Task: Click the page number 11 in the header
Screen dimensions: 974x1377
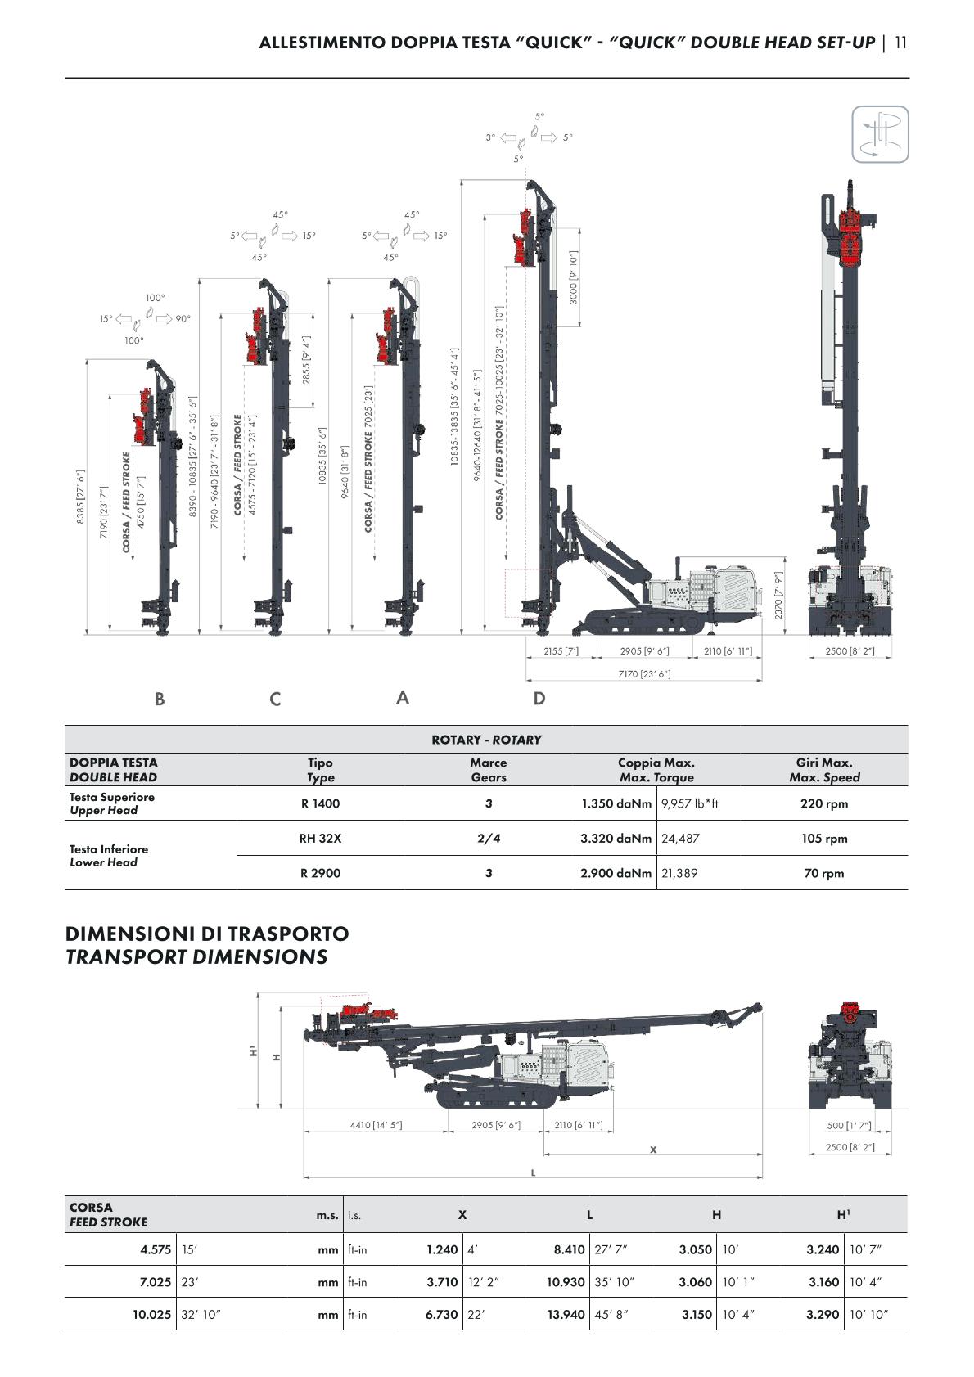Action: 900,43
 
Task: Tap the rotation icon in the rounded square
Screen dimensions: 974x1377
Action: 880,134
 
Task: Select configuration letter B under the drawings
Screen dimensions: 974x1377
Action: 160,699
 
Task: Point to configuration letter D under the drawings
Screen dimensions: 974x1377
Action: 539,699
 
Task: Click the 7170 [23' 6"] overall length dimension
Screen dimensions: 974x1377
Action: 644,673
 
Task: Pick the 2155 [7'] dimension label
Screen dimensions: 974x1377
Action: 561,651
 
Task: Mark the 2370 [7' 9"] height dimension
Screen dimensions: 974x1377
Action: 778,596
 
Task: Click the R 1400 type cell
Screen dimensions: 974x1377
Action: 320,803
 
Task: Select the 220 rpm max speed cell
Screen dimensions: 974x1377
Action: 824,803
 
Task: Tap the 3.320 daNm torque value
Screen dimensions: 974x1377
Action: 616,838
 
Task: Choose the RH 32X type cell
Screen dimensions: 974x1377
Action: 320,838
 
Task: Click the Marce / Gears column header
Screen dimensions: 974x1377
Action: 489,770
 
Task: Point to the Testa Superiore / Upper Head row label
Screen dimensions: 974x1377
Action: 112,803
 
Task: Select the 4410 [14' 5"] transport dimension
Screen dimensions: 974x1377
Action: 376,1125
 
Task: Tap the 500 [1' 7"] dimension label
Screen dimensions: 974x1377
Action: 849,1126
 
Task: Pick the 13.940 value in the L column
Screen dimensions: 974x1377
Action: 566,1314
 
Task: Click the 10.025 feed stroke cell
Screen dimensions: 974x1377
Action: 152,1314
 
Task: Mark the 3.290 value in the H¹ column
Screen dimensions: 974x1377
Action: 823,1314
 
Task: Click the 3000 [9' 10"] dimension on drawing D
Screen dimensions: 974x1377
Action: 573,277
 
